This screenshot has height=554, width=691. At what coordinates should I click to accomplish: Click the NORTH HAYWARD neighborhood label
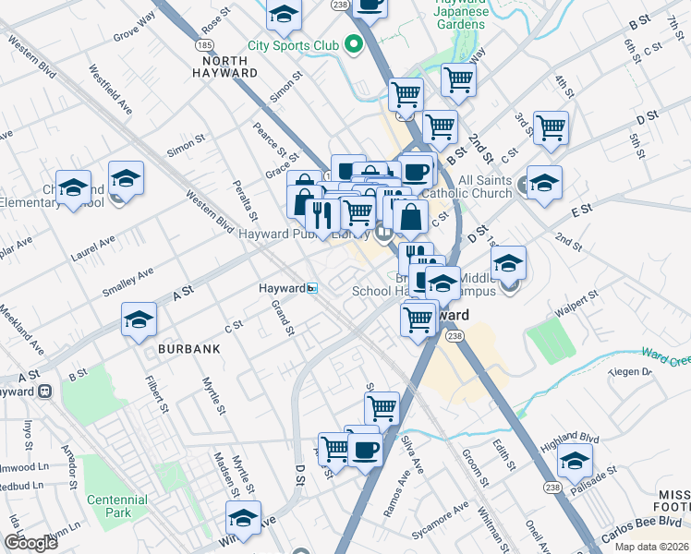click(224, 66)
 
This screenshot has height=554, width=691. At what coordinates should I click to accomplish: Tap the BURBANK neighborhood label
click(188, 349)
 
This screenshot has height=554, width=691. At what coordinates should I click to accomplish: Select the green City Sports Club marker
click(352, 43)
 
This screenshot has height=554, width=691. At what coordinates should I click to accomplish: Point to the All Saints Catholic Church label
click(471, 187)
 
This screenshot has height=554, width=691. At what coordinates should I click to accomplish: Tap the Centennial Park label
click(116, 505)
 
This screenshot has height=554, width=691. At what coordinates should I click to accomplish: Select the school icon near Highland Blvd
click(576, 460)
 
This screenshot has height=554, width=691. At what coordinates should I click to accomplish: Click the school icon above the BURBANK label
click(139, 319)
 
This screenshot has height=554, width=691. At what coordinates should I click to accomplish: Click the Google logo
click(30, 543)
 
